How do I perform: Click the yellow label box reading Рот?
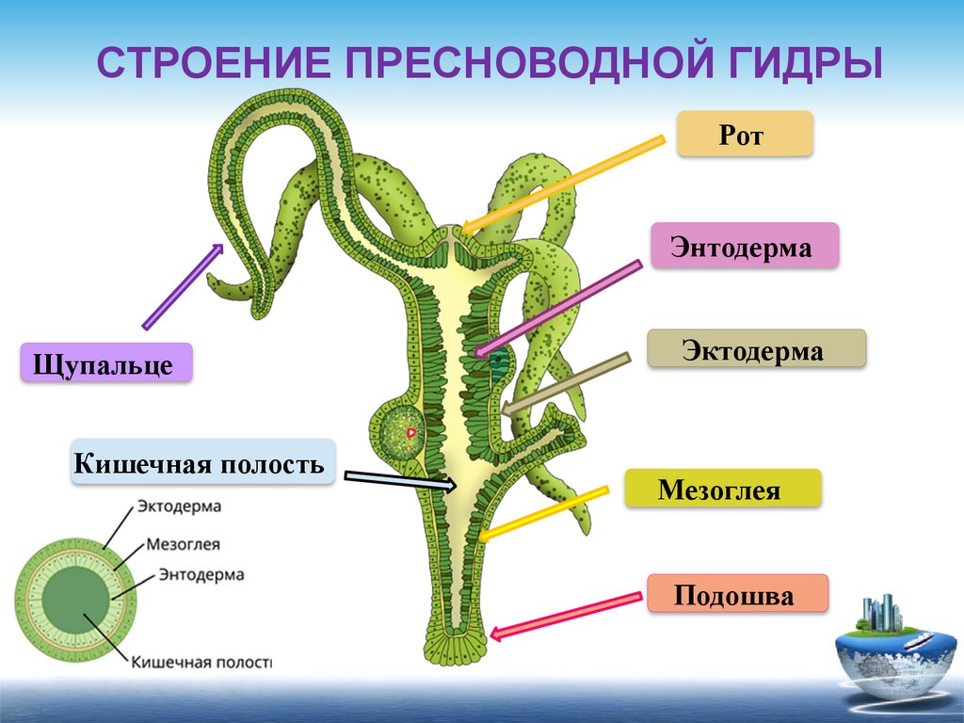[x=745, y=134]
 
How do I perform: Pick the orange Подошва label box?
[x=737, y=594]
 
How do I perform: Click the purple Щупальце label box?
[x=105, y=362]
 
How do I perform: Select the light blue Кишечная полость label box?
[x=202, y=462]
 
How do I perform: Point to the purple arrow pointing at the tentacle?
[x=183, y=286]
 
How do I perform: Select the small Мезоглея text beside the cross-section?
[x=184, y=544]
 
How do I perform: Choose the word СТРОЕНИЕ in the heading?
[x=213, y=66]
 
